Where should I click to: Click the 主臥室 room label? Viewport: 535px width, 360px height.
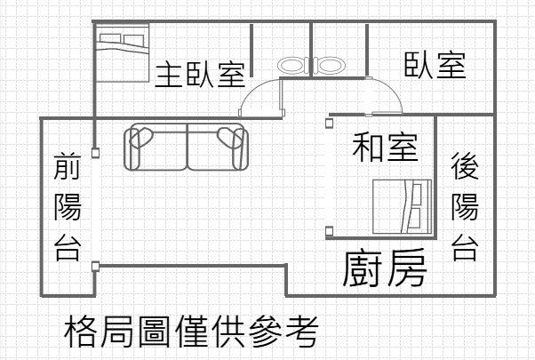tap(200, 74)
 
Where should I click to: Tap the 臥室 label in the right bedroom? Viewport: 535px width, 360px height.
tap(435, 65)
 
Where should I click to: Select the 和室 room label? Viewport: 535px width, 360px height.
tap(385, 148)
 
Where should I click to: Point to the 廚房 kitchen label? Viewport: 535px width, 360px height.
tap(385, 268)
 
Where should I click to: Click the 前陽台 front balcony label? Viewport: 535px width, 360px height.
tap(68, 207)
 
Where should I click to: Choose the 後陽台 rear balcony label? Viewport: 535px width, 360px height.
tap(465, 206)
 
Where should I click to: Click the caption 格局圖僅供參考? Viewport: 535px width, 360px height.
tap(191, 331)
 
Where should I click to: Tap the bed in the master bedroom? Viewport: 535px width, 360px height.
tap(123, 52)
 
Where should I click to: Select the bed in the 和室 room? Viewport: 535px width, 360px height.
tap(403, 207)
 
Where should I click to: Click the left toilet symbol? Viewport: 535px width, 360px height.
tap(292, 65)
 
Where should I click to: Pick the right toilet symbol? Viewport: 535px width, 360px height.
tap(330, 65)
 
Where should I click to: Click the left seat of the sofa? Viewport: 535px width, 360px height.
tap(156, 147)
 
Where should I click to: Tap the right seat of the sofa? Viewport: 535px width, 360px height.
tap(218, 147)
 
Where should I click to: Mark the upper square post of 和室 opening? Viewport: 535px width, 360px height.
tap(329, 123)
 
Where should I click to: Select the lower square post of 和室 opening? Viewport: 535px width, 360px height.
tap(329, 231)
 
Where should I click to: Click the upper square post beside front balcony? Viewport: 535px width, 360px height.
tap(96, 153)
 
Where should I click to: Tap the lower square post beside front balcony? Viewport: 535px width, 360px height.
tap(96, 266)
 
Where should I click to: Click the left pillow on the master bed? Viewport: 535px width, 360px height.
tap(110, 38)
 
